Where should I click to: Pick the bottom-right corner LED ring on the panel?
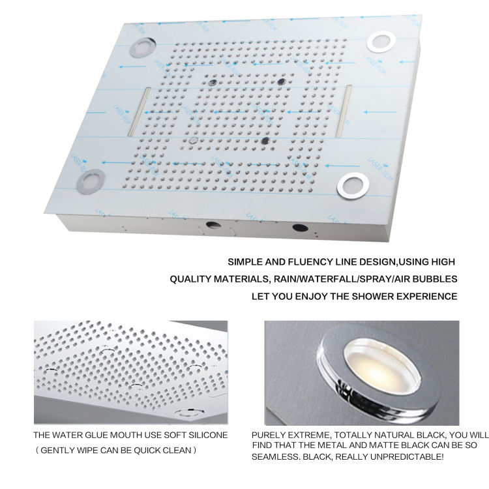353,185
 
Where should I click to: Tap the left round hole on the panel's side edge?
213,226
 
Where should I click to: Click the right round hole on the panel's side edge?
299,228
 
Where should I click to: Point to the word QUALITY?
189,279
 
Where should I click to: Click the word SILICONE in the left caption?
207,435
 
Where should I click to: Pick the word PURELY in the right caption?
267,435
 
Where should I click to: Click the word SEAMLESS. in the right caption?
275,456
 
